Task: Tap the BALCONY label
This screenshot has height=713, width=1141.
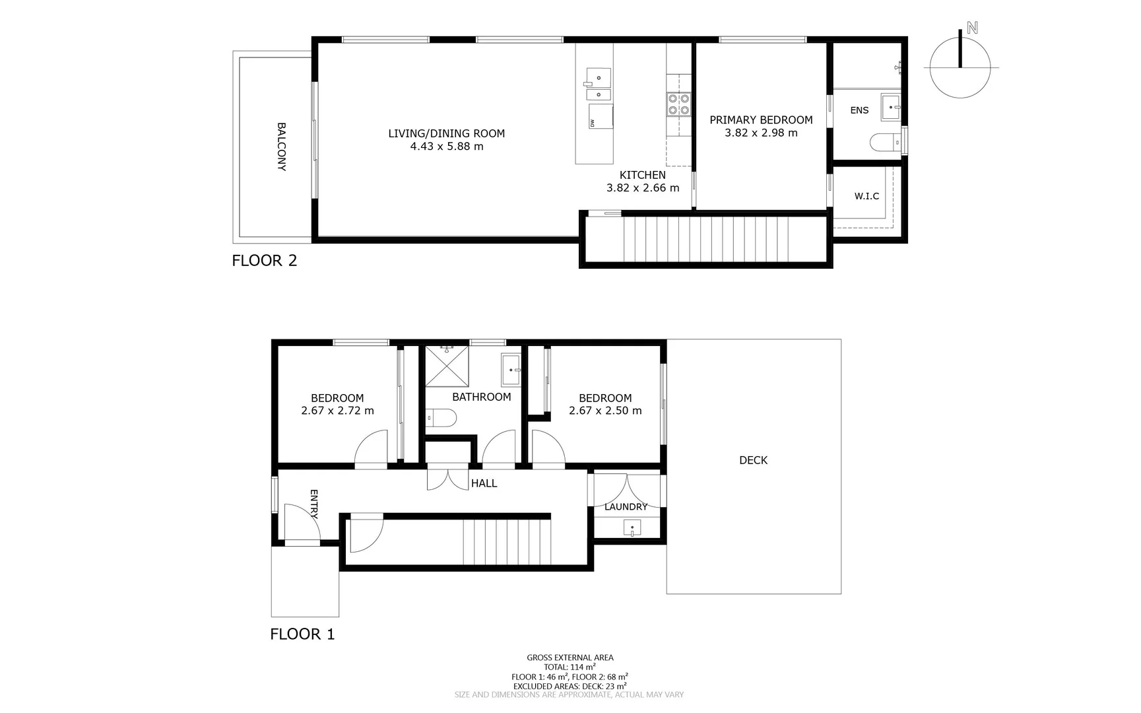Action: (x=281, y=147)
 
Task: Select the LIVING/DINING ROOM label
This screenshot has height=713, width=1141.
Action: (x=446, y=133)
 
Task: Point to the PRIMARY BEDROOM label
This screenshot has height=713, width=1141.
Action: (x=761, y=119)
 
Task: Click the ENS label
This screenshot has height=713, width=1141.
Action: (x=859, y=110)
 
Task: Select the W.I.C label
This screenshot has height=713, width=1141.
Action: (x=866, y=196)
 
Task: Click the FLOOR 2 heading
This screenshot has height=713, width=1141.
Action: (x=265, y=260)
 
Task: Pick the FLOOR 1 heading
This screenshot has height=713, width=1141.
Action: (x=302, y=634)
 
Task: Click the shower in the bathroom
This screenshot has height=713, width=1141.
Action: (x=447, y=366)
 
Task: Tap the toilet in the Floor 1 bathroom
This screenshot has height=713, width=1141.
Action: (x=441, y=417)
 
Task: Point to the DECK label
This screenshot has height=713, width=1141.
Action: (x=753, y=460)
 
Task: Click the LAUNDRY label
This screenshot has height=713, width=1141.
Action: (x=626, y=506)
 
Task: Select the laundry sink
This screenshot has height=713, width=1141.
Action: (x=632, y=528)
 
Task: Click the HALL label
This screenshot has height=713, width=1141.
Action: (x=484, y=483)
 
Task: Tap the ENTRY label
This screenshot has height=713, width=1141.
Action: (x=313, y=504)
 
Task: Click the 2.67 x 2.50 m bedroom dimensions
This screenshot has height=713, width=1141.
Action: (x=605, y=411)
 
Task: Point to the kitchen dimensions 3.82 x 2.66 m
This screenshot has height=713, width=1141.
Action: (x=643, y=187)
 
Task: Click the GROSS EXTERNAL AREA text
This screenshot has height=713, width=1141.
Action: (x=570, y=658)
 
